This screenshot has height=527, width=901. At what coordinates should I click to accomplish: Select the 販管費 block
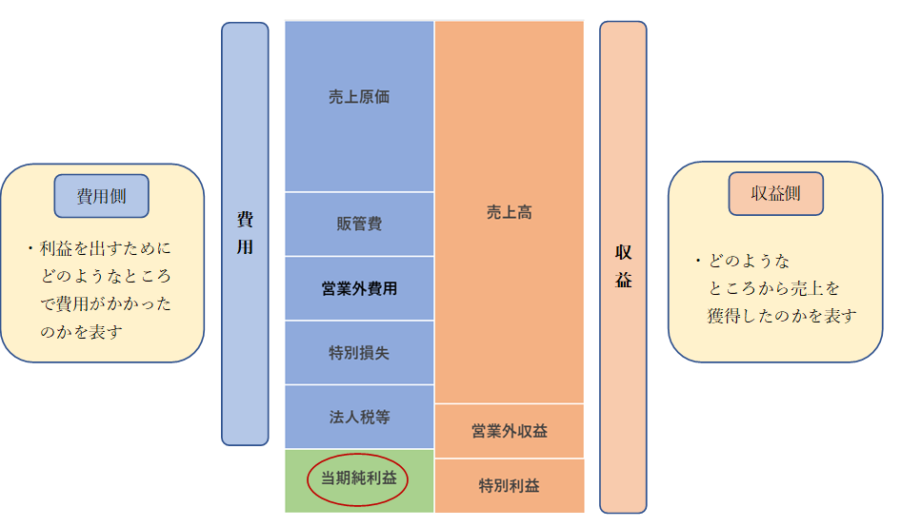[x=359, y=224]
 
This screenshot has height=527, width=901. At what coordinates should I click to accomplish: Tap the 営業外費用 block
[x=359, y=288]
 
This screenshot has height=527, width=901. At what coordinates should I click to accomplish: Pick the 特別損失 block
[x=359, y=353]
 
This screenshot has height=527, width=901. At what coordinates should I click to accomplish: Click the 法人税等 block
[x=359, y=417]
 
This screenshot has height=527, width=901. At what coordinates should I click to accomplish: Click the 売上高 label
[x=509, y=213]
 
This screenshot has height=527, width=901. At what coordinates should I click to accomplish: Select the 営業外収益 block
[x=509, y=431]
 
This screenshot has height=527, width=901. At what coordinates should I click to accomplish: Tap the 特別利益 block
[x=509, y=485]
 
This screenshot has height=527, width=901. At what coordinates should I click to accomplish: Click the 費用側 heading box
[x=102, y=197]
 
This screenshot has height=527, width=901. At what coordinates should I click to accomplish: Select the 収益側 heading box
[x=775, y=194]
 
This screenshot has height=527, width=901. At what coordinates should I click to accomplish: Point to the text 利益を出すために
[x=106, y=249]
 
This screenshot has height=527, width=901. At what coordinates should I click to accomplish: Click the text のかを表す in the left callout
[x=82, y=332]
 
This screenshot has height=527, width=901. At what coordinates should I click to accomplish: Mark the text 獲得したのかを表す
[x=782, y=316]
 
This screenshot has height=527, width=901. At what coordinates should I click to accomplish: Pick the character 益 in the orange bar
[x=623, y=281]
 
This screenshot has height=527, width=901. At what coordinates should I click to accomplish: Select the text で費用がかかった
[x=106, y=304]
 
